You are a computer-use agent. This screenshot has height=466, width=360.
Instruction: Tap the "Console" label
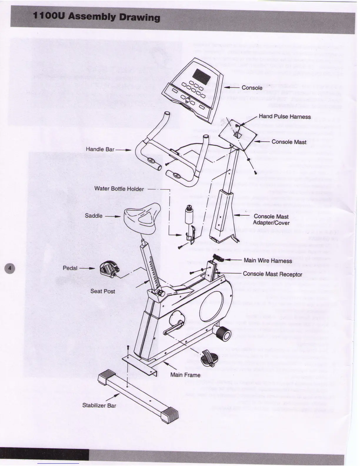(x=252, y=88)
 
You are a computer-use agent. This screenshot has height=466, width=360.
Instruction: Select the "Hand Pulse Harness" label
(x=284, y=116)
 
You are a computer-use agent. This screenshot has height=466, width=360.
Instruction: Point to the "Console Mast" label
(x=289, y=142)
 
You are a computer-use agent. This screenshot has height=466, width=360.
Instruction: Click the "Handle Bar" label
(x=100, y=149)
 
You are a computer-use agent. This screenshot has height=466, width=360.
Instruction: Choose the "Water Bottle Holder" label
(x=119, y=189)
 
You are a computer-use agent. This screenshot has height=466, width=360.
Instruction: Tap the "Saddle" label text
(x=94, y=216)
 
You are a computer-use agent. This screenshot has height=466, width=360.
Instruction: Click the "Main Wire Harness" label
(x=268, y=261)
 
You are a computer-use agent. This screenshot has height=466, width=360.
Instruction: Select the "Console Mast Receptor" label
(x=272, y=274)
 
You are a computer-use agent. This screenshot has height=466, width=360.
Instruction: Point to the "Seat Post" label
(x=102, y=291)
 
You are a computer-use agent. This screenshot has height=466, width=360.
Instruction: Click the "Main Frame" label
(x=185, y=375)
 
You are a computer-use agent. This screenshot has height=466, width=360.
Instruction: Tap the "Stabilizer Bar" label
(x=99, y=405)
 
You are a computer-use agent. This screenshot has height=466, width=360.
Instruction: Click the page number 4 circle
(x=10, y=268)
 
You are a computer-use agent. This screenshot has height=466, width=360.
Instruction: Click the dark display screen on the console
(x=201, y=76)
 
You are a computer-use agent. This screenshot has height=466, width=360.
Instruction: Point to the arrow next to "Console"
(x=231, y=87)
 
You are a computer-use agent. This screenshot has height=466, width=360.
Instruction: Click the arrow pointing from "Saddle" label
(x=113, y=216)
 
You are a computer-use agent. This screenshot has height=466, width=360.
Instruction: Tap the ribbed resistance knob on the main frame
(x=223, y=333)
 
